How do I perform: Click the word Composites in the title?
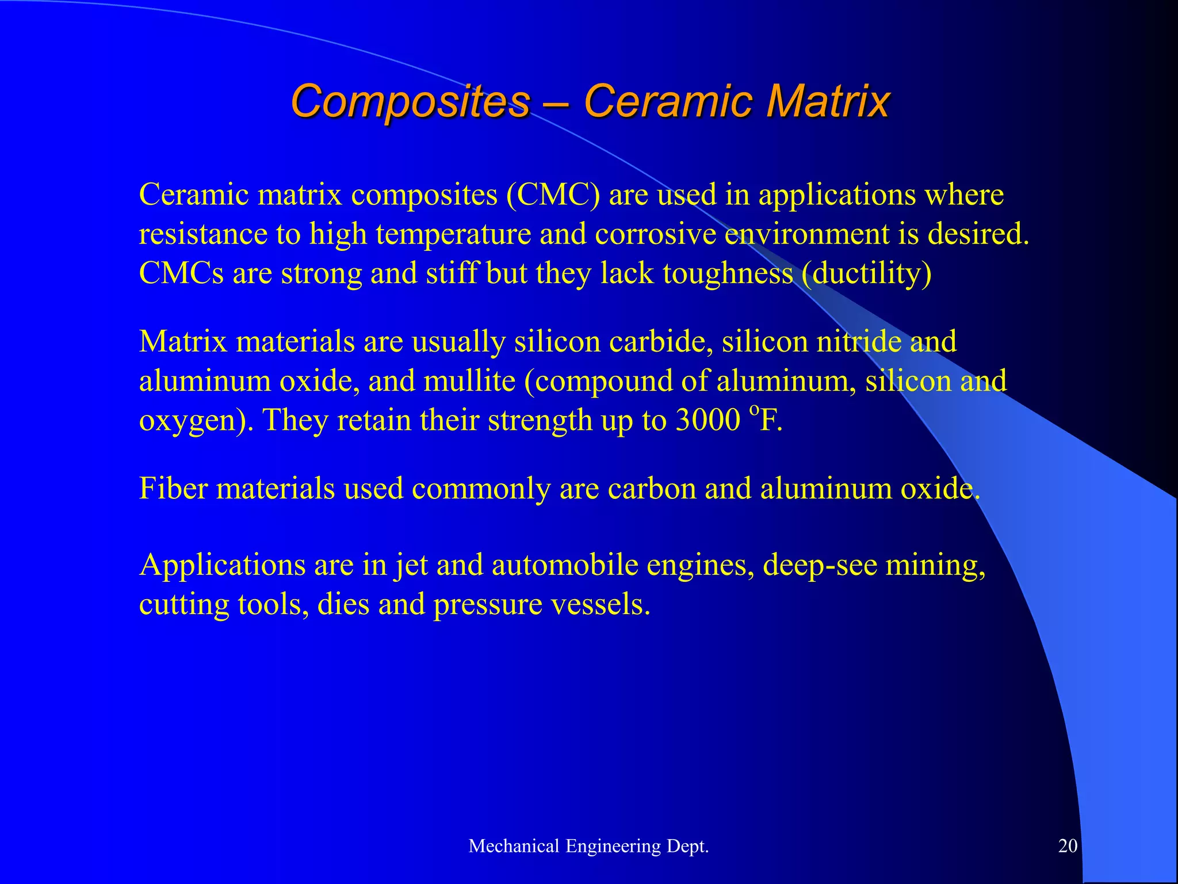(410, 101)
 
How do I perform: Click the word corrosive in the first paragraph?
(655, 234)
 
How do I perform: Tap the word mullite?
(469, 381)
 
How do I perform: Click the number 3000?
(707, 420)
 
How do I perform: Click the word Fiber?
(173, 489)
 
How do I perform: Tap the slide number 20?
(1068, 845)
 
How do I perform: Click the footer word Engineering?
(613, 846)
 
